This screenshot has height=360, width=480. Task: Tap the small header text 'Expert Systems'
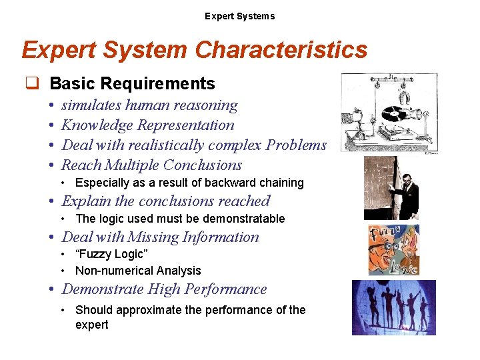239,16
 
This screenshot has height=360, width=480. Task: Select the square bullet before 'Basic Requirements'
31,84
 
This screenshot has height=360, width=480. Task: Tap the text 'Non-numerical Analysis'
138,271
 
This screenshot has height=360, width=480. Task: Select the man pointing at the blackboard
406,190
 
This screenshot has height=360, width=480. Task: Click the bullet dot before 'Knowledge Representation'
51,125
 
